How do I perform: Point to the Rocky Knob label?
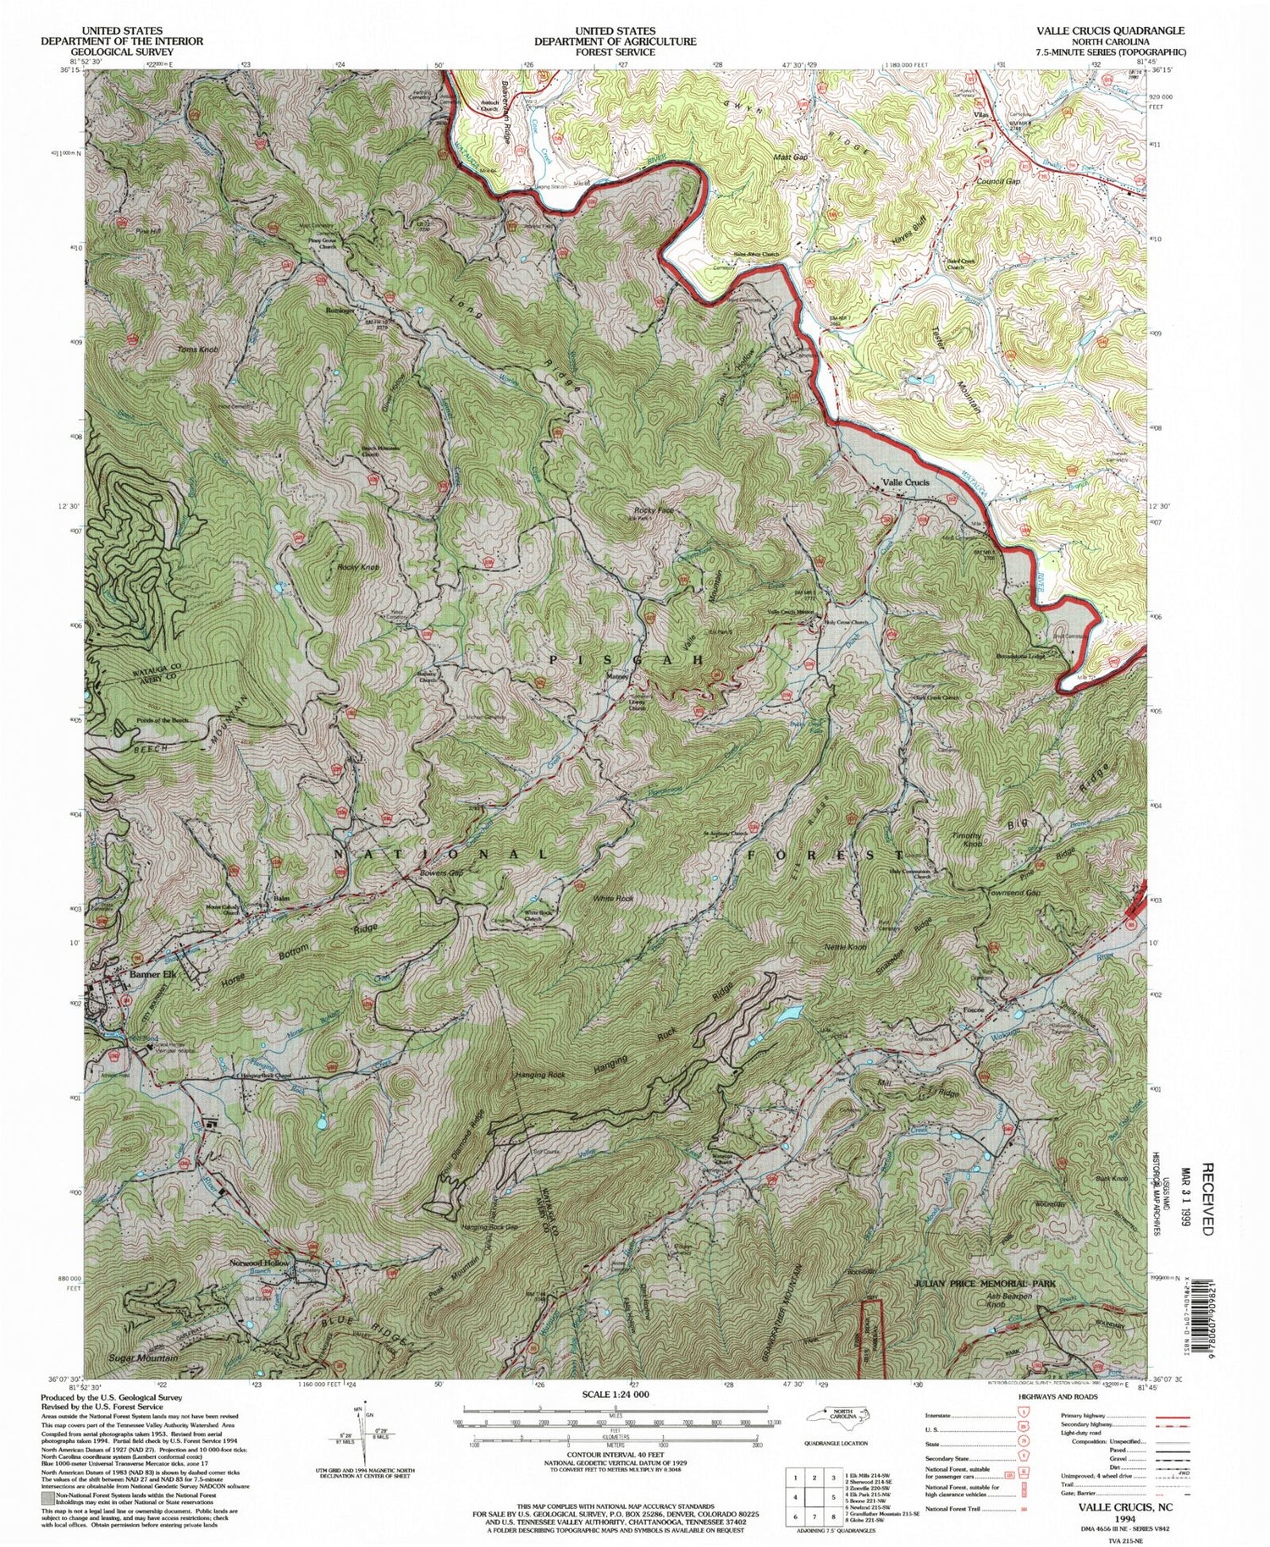click(358, 566)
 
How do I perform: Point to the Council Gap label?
click(997, 182)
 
